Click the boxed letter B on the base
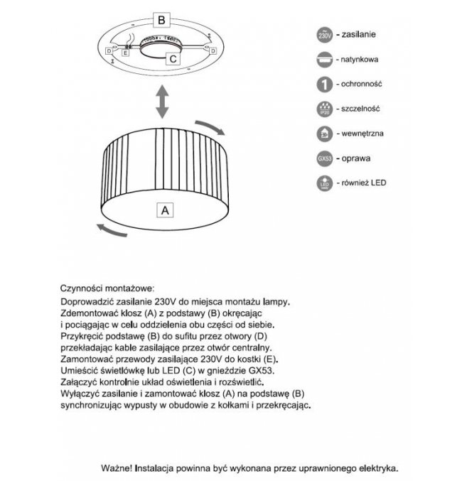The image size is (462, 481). (x=162, y=20)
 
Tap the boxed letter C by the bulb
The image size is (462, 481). (x=173, y=60)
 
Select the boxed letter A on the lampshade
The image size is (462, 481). (x=164, y=210)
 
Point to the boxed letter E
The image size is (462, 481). (x=126, y=53)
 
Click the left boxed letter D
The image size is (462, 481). (x=109, y=52)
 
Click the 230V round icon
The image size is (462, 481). (x=323, y=34)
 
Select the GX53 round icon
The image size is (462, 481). (x=323, y=158)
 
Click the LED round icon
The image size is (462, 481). (x=323, y=184)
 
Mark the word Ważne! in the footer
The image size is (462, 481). (x=117, y=469)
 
